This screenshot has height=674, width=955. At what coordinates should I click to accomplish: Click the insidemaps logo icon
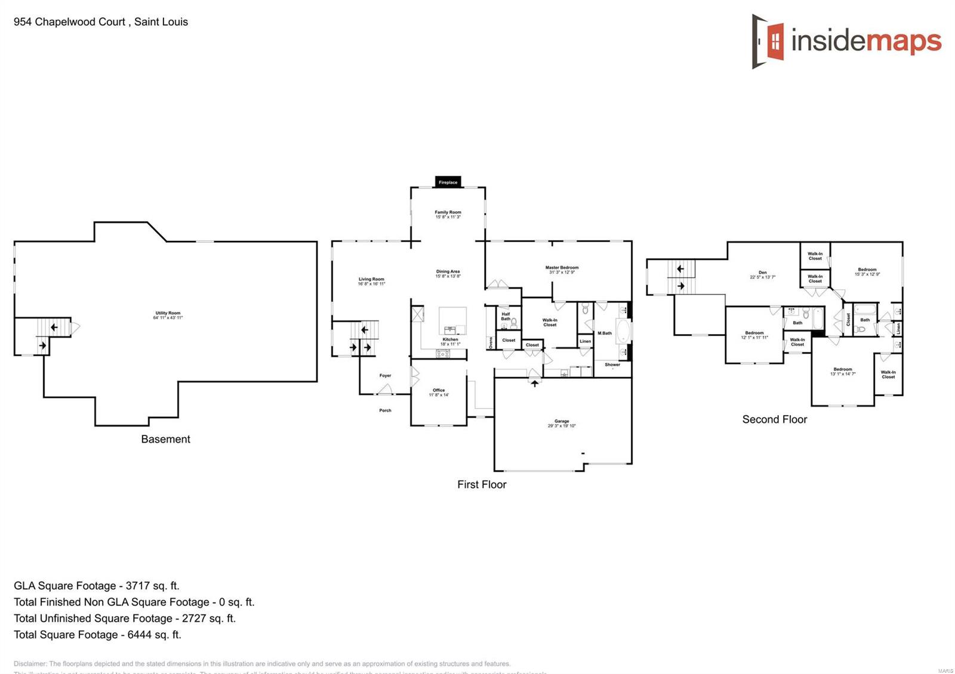(x=768, y=41)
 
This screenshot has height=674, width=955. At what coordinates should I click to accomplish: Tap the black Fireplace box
(x=448, y=182)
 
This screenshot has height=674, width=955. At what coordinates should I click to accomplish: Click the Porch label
(x=385, y=410)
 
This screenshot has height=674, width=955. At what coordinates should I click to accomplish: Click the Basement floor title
(x=165, y=439)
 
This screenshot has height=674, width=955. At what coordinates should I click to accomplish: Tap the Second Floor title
(x=774, y=419)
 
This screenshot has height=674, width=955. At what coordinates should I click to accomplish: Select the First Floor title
(x=482, y=484)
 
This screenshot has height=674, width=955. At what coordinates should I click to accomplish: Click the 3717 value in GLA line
(x=138, y=586)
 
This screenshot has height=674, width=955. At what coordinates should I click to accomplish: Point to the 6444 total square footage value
(x=140, y=635)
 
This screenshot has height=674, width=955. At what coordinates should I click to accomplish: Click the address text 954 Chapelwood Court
(x=69, y=22)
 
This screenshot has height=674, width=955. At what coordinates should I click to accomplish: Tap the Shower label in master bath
(x=612, y=364)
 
